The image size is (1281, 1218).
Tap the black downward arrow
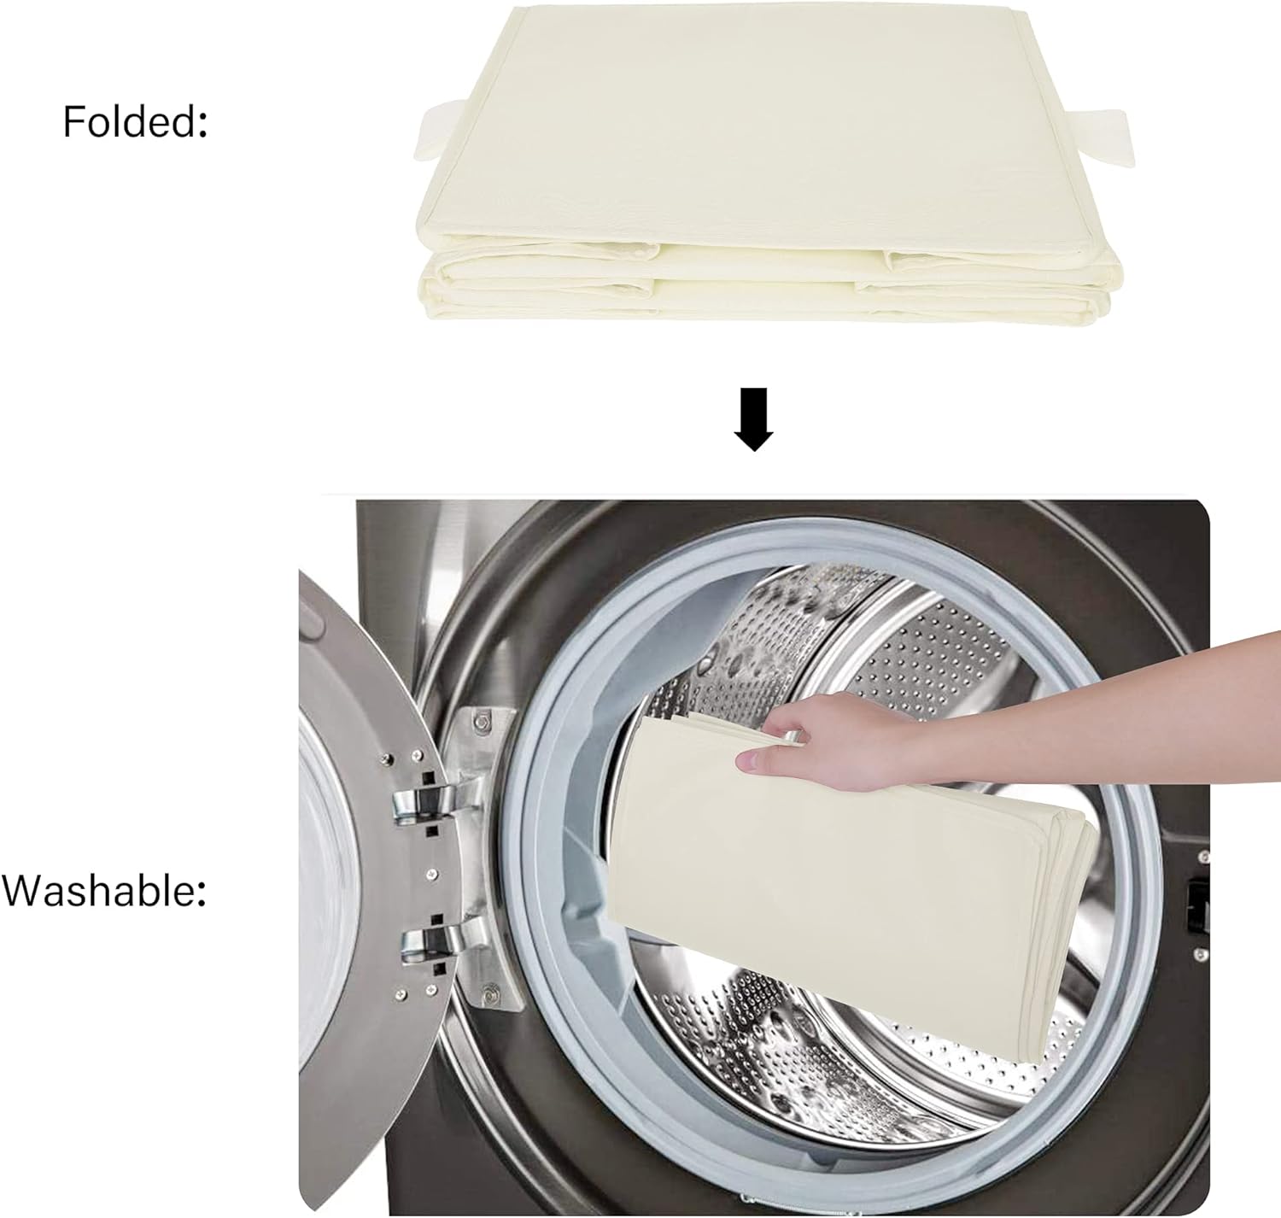754,419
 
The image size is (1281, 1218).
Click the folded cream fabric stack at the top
768,163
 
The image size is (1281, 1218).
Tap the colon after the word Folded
202,124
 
